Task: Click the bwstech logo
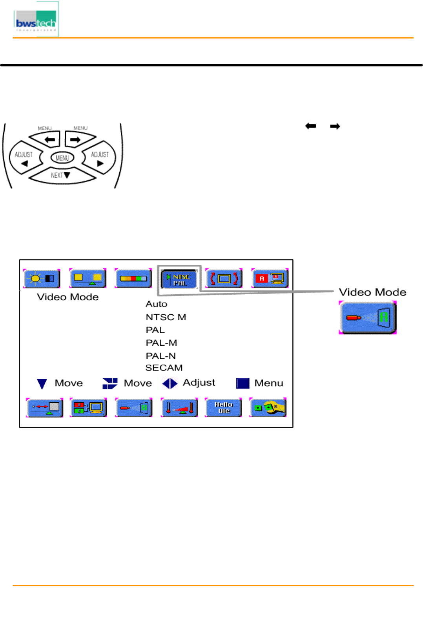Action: pos(36,20)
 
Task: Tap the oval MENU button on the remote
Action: pos(62,158)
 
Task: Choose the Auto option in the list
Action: pos(156,304)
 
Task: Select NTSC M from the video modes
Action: pos(166,317)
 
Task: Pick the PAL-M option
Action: pos(161,343)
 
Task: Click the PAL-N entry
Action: pos(160,356)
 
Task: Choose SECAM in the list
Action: pos(164,368)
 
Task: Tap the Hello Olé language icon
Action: pos(223,407)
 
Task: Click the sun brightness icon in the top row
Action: pos(42,279)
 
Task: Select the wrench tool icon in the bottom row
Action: pos(268,407)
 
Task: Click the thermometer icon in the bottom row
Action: pos(179,407)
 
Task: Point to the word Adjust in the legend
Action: pos(199,383)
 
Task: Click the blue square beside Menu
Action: pos(242,383)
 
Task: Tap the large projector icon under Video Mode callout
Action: pos(368,317)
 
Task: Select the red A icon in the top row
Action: pos(270,279)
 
